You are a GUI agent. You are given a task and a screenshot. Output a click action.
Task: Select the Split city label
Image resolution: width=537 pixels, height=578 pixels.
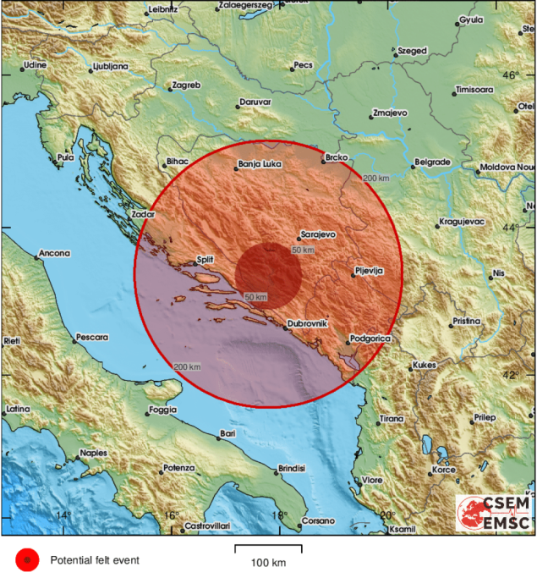click(x=205, y=261)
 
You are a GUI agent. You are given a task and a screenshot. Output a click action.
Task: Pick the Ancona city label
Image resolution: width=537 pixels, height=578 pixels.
click(x=54, y=253)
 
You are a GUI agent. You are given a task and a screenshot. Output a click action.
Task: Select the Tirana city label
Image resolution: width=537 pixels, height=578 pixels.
click(x=392, y=419)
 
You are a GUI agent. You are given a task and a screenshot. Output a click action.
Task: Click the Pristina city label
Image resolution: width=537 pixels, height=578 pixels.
click(x=465, y=322)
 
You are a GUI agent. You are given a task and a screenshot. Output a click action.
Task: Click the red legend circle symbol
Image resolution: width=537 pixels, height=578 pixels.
click(x=27, y=559)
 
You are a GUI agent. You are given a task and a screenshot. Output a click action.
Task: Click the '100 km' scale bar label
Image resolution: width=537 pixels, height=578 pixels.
click(x=268, y=563)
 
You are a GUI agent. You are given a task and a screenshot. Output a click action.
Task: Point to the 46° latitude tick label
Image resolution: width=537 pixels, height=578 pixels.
click(x=510, y=76)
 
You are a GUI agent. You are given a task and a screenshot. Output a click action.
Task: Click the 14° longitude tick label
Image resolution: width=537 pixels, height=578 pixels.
click(x=62, y=515)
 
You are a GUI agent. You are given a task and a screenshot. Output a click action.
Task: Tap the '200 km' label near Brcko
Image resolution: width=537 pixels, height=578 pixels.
click(x=375, y=179)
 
